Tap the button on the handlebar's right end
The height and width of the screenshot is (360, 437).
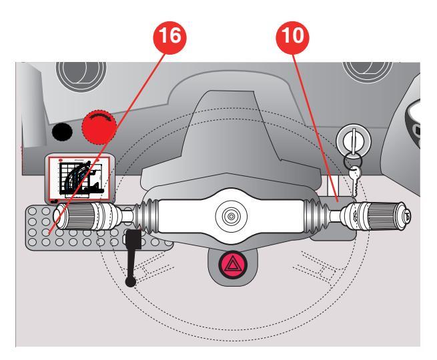point(406,216)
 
